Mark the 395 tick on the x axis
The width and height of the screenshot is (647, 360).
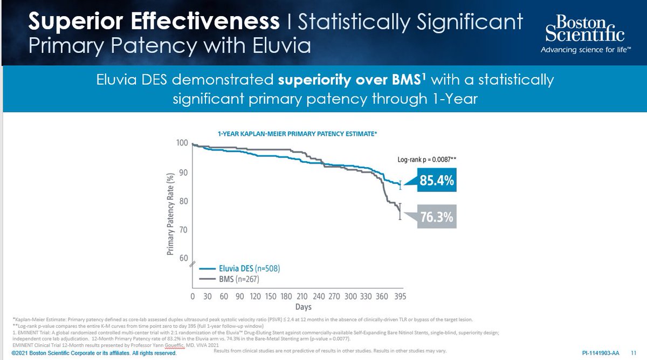[400, 297]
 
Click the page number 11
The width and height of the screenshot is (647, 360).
[634, 353]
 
